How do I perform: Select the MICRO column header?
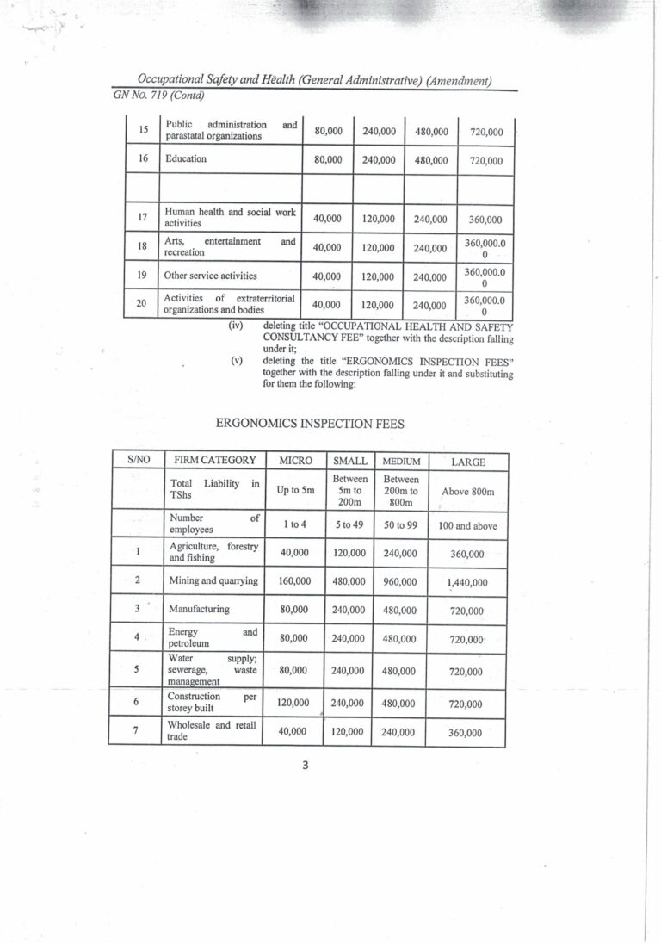(x=295, y=461)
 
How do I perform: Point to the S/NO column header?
(x=138, y=461)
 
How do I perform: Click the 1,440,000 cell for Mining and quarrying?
(x=467, y=582)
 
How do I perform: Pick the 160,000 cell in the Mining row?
(x=294, y=580)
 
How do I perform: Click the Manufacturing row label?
(x=199, y=609)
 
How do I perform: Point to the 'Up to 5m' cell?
(x=295, y=490)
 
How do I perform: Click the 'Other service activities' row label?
(x=211, y=276)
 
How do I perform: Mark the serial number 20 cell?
(x=141, y=304)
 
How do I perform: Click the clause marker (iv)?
(x=236, y=326)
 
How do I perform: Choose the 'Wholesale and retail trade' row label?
(x=212, y=731)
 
